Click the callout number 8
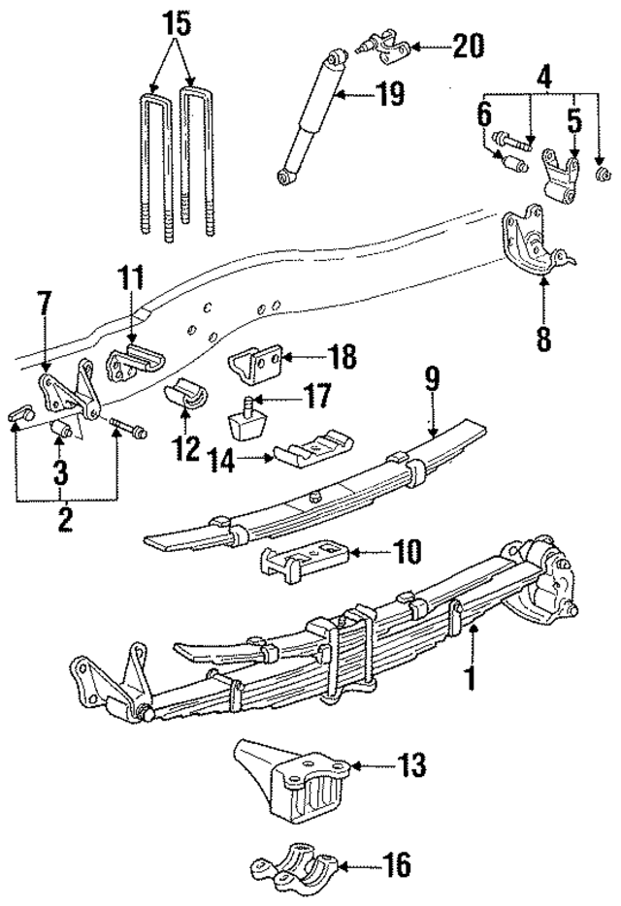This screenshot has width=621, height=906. (541, 339)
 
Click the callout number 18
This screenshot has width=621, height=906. (343, 359)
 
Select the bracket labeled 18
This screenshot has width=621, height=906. (256, 368)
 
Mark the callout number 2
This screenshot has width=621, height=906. (65, 518)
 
